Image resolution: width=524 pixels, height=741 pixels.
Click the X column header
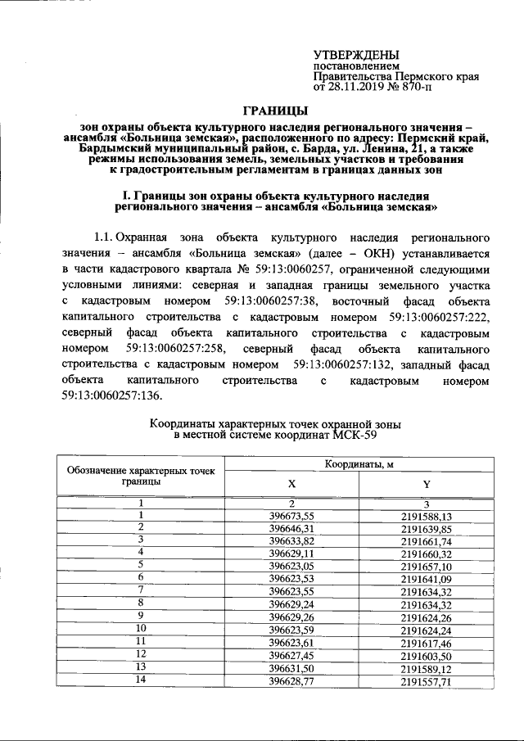[291, 483]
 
